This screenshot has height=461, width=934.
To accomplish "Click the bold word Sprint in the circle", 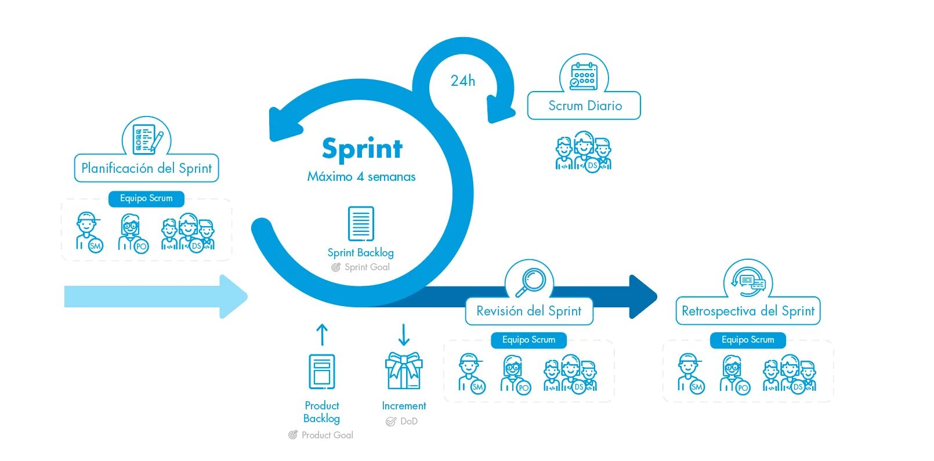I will point(362,148).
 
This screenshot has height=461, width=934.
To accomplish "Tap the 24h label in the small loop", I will point(462,81).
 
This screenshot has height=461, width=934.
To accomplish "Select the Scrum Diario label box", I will point(584,106).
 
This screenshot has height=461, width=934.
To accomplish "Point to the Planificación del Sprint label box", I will point(146,168).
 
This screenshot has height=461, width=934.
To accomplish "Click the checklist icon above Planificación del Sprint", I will point(146,139).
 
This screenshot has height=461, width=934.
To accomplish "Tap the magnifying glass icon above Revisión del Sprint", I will point(530,282).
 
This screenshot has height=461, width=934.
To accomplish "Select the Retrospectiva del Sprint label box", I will point(748,311).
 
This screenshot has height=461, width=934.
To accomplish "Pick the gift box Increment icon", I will point(404,371).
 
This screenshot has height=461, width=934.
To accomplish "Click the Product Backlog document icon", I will point(322,371).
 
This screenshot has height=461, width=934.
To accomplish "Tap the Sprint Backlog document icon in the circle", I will point(361,223).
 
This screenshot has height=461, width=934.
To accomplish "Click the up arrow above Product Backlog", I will point(322,335).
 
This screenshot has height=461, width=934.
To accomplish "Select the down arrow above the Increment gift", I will point(404,335).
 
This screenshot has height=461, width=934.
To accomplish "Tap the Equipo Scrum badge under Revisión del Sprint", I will point(528,340).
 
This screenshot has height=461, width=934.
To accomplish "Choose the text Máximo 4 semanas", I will point(361,177).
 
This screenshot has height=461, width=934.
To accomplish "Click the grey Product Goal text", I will point(327,435).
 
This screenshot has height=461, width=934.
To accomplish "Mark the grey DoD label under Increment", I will point(408,422).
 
